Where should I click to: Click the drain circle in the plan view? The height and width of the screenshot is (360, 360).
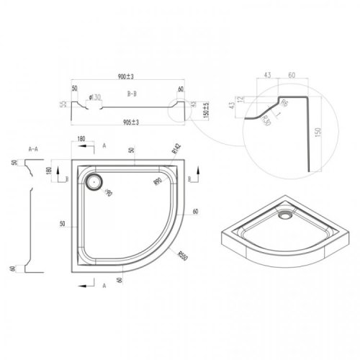tap(92, 182)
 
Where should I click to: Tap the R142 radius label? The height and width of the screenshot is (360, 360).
tap(174, 150)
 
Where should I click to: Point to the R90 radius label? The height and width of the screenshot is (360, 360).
tap(158, 182)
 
